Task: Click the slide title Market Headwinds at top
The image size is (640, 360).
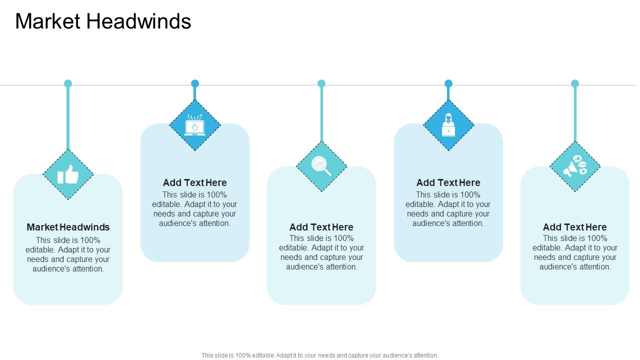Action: [x=103, y=21]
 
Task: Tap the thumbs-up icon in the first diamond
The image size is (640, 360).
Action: [x=68, y=175]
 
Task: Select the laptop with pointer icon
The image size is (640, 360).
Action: [x=195, y=125]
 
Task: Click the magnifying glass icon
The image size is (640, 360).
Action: [x=321, y=166]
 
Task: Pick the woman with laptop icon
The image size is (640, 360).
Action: [x=448, y=125]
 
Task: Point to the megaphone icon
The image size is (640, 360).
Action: [x=575, y=166]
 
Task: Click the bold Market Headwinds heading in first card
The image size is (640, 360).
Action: [x=68, y=227]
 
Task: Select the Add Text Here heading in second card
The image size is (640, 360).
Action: [x=195, y=182]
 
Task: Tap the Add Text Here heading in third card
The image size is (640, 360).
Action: [x=321, y=227]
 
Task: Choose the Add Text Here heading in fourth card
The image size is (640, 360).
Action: [x=448, y=182]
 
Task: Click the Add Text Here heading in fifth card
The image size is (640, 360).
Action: [x=575, y=227]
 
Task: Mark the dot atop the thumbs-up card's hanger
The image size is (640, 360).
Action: [x=68, y=83]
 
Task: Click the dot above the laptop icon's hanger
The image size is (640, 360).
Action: [x=195, y=83]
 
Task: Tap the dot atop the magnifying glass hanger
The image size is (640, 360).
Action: [x=321, y=83]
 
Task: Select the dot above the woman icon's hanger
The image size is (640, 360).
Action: [x=448, y=83]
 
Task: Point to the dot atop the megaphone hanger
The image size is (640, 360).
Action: [x=575, y=83]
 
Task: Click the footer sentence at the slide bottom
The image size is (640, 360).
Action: [x=320, y=355]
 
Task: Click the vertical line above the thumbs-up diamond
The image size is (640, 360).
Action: [x=68, y=117]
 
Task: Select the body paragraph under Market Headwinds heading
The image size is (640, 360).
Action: [x=68, y=254]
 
